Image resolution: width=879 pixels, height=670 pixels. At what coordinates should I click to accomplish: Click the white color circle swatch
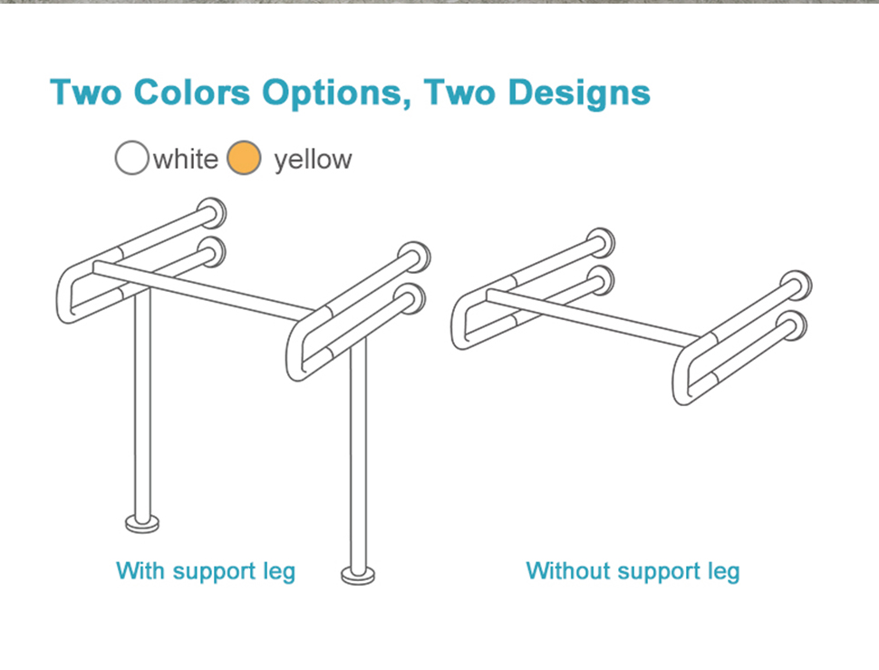point(131,158)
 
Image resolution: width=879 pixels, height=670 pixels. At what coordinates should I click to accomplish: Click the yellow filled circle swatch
point(244,158)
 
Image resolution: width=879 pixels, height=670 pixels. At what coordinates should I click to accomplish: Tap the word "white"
point(186,160)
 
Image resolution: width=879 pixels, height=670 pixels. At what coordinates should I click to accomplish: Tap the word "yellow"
point(313,160)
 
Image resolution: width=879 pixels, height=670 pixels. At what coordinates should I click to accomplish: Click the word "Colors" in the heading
point(192,92)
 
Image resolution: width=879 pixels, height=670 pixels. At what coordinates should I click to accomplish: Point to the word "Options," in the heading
point(336,93)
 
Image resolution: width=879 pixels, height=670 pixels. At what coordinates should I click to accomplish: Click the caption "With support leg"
point(206,571)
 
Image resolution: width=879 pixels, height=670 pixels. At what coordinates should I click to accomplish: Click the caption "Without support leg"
point(633,571)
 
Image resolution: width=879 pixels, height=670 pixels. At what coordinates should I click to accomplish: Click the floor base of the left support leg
point(142,524)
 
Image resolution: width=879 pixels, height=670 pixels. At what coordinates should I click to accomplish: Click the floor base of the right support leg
point(358,575)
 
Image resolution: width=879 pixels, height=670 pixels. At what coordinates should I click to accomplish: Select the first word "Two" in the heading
point(86,92)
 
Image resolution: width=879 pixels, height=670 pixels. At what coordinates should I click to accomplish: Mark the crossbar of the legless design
point(594,316)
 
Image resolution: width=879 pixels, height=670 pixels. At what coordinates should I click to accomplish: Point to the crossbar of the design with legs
point(205,290)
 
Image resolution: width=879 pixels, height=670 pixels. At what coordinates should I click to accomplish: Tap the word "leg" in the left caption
point(279,573)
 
